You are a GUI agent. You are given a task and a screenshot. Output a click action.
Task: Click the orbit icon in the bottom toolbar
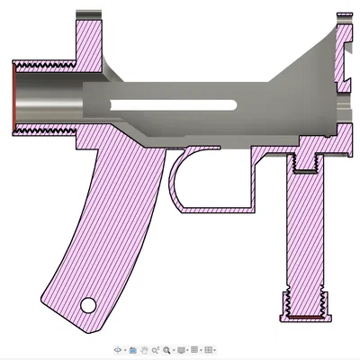pos(119,348)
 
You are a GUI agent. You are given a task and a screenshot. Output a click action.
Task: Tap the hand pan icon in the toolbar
pos(144,348)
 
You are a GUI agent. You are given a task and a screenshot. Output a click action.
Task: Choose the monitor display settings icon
pos(182,348)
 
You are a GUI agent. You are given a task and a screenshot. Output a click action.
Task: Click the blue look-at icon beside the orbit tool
pos(132,348)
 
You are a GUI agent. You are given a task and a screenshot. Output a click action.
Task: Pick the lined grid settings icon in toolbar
pos(195,348)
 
